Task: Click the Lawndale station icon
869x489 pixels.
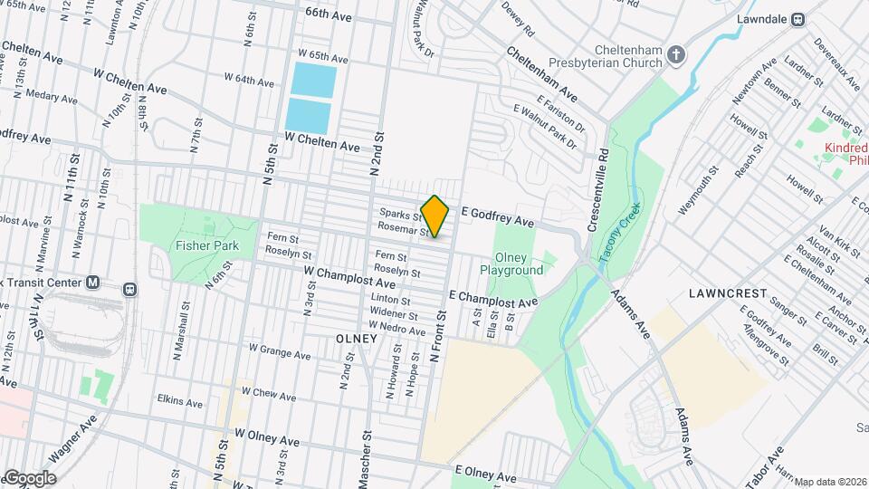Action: point(798,19)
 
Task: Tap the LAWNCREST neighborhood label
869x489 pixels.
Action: point(728,294)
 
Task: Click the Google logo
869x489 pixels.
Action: point(29,477)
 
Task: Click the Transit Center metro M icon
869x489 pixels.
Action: point(93,283)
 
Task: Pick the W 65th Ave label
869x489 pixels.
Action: point(310,56)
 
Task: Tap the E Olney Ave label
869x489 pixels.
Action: point(485,474)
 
